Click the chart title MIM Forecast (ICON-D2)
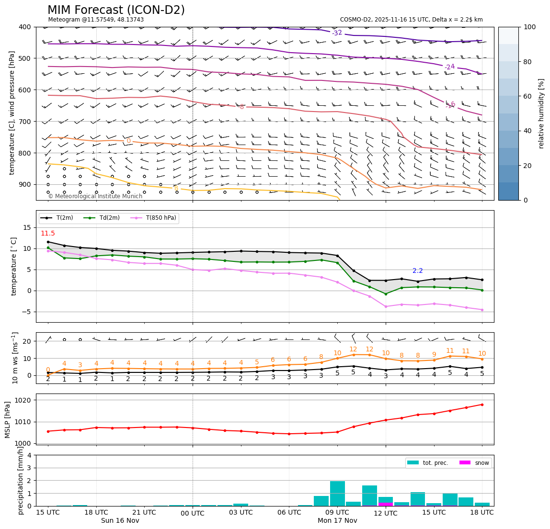point(116,10)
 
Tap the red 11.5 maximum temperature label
point(47,234)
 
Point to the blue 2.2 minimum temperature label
point(418,271)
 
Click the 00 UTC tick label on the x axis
point(193,514)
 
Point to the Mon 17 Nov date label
point(337,521)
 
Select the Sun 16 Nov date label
point(120,521)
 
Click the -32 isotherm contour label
point(337,33)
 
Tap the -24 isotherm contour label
point(449,67)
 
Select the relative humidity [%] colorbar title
point(541,113)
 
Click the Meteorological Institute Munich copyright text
point(95,196)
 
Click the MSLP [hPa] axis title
point(8,419)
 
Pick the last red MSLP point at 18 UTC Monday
point(482,405)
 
